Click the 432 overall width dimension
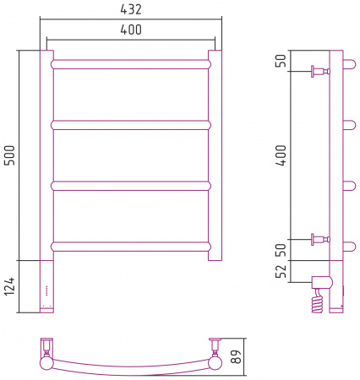131,9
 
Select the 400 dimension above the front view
131,30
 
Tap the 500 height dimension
10,155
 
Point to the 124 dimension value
9,286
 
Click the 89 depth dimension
236,356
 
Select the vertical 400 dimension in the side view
281,155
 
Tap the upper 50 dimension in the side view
281,60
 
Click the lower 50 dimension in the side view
281,250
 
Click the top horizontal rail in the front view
131,64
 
